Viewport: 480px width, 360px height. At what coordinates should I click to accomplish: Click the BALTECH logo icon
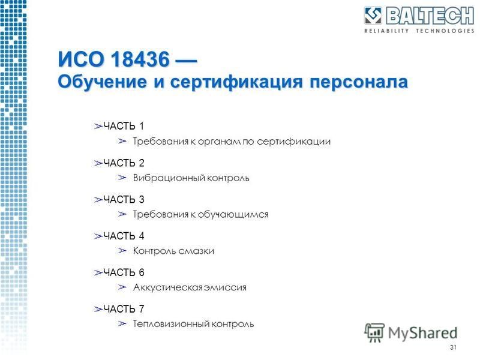point(373,16)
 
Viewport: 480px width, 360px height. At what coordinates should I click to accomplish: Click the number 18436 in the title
point(140,59)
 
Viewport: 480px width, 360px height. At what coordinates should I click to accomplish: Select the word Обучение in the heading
point(103,82)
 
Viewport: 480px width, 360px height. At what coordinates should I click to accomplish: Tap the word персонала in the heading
point(358,82)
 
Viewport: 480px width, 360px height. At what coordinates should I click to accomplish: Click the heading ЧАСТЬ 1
point(124,126)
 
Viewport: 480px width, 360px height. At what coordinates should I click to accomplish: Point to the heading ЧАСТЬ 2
point(124,163)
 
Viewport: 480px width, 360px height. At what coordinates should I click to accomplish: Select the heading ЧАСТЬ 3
point(124,199)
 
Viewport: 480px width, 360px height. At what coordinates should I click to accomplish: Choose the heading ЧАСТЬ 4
point(124,236)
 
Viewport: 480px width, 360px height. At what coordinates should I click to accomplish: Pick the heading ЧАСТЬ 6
point(124,272)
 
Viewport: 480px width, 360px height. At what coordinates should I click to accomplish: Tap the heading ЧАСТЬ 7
point(124,308)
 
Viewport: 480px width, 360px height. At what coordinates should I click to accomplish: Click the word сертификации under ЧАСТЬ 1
point(294,142)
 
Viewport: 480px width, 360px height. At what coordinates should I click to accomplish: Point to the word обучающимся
point(233,215)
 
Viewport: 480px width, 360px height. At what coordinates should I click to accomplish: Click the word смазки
point(196,251)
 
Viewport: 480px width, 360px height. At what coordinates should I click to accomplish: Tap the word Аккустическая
point(168,287)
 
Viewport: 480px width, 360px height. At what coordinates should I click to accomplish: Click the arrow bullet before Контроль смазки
point(122,251)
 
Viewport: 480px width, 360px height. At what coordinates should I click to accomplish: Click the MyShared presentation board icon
point(374,332)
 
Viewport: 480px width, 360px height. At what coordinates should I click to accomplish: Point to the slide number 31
point(453,347)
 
